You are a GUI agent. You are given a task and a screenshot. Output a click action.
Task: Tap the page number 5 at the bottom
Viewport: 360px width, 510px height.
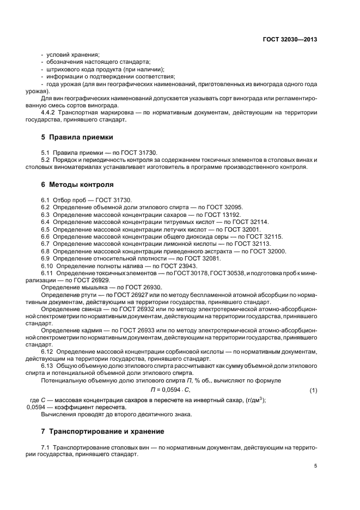pos(315,466)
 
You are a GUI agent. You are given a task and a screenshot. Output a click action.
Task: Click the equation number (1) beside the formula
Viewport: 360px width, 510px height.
pos(313,390)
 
